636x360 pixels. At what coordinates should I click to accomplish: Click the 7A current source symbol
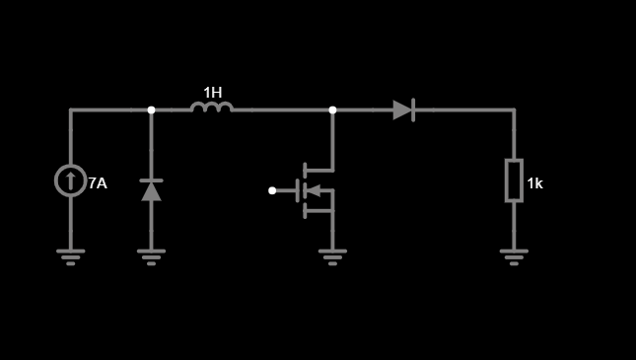[71, 180]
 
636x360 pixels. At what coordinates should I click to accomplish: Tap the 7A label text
[98, 183]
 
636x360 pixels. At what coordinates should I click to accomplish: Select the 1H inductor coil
[212, 108]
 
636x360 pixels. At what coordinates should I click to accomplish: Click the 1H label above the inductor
[213, 93]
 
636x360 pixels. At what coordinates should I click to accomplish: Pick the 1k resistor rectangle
[514, 180]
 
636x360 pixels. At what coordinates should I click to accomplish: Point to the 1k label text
[535, 183]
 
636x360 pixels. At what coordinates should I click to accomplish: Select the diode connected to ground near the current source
[151, 190]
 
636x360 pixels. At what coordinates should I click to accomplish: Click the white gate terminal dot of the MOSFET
[272, 190]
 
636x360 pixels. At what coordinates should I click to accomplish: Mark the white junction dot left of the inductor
[151, 110]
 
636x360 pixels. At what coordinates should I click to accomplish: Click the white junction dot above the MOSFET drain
[332, 110]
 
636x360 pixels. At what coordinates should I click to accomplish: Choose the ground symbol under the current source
[71, 257]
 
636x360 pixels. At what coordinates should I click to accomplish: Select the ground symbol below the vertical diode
[151, 257]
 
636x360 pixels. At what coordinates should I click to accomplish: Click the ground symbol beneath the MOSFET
[332, 257]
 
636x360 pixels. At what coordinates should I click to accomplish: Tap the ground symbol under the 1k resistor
[514, 257]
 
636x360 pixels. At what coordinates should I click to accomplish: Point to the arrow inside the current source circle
[71, 180]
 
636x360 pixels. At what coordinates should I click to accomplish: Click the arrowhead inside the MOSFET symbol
[314, 190]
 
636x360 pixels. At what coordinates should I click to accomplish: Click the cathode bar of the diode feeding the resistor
[413, 110]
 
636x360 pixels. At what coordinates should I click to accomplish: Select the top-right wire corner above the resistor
[514, 110]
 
